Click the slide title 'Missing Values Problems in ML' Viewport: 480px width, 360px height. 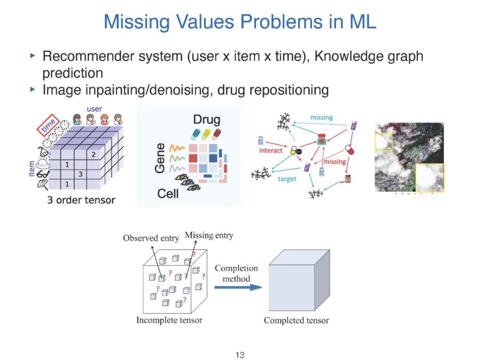[x=240, y=21]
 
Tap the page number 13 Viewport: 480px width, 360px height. [x=240, y=355]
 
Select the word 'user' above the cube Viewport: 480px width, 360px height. [x=94, y=109]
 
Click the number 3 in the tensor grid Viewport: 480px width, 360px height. [x=80, y=174]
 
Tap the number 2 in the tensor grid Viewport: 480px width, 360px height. [x=94, y=155]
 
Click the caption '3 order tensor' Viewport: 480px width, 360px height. [x=81, y=200]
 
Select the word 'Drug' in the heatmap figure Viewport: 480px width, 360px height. [x=206, y=120]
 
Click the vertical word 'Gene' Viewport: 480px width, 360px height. [x=160, y=158]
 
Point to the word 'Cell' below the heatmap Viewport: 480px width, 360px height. [x=168, y=194]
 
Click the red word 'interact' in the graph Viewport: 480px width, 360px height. [x=271, y=150]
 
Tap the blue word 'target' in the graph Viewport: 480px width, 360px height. [x=287, y=179]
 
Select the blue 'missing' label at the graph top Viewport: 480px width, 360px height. [x=321, y=117]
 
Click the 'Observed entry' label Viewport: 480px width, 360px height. [x=151, y=238]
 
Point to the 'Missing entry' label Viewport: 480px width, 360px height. [x=208, y=235]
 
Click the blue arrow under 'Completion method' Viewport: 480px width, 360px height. [x=238, y=287]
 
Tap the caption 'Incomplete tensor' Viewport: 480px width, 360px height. [x=169, y=320]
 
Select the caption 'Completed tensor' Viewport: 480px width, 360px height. [x=296, y=320]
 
